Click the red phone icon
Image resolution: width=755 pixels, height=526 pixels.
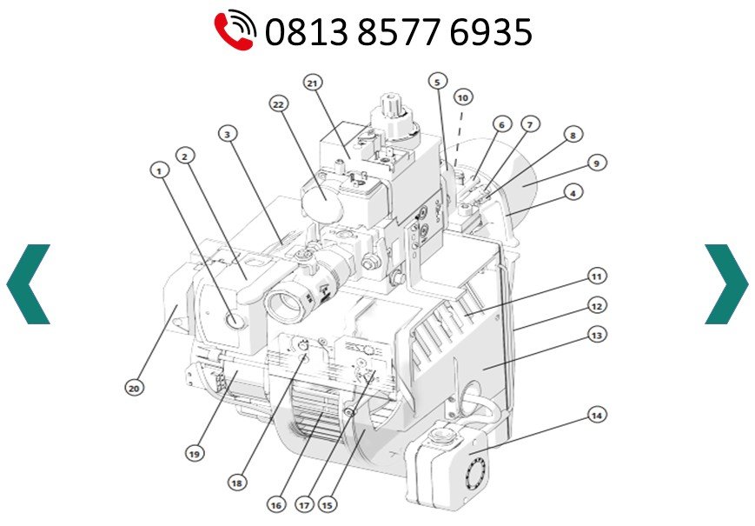click(x=235, y=30)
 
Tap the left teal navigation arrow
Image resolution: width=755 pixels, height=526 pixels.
click(x=28, y=284)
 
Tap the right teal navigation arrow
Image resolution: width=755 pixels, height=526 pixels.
click(x=726, y=284)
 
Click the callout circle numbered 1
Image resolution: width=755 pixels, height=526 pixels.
click(x=160, y=170)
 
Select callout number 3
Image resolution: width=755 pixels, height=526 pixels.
click(x=228, y=134)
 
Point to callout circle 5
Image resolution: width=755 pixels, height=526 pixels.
click(x=437, y=82)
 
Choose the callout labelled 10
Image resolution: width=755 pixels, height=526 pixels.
click(x=463, y=97)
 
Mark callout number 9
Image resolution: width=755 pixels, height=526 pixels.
click(x=597, y=163)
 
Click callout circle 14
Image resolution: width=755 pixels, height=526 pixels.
click(x=597, y=416)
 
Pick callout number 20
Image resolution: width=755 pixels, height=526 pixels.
click(x=135, y=388)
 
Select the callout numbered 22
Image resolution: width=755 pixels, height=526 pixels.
click(x=279, y=104)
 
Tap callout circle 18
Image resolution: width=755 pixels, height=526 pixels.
click(x=237, y=483)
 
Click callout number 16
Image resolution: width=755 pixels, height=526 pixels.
click(x=276, y=505)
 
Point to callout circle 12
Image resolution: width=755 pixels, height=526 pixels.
click(x=597, y=306)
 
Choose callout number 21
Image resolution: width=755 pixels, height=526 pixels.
click(x=313, y=83)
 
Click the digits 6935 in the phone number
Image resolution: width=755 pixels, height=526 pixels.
click(x=491, y=32)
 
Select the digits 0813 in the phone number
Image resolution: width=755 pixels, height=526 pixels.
click(x=306, y=32)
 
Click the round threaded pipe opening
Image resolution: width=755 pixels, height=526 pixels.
click(x=285, y=305)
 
